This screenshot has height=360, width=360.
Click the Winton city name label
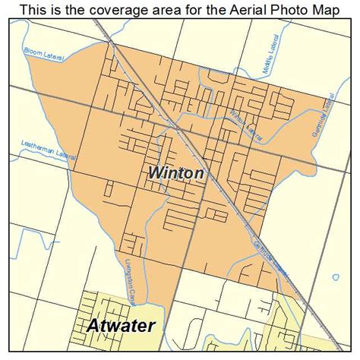click(x=175, y=174)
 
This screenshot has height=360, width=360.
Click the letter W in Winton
click(x=155, y=174)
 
